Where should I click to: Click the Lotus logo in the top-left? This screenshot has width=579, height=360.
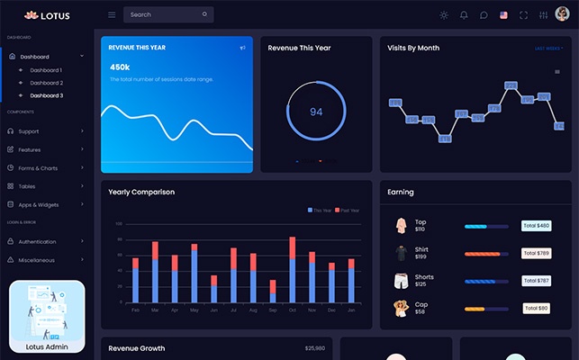pyautogui.click(x=47, y=15)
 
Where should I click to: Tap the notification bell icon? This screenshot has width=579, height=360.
pyautogui.click(x=464, y=14)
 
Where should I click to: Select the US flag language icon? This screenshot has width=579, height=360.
pyautogui.click(x=503, y=14)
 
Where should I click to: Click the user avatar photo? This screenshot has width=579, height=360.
pyautogui.click(x=562, y=14)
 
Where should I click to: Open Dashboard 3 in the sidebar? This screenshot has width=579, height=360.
pyautogui.click(x=46, y=95)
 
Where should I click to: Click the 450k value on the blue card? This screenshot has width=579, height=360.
pyautogui.click(x=120, y=67)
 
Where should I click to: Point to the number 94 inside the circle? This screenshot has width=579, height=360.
pyautogui.click(x=316, y=112)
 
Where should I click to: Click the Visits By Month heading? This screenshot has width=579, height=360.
pyautogui.click(x=413, y=48)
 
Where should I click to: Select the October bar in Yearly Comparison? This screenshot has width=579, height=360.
pyautogui.click(x=293, y=270)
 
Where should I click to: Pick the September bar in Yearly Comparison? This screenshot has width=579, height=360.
pyautogui.click(x=273, y=291)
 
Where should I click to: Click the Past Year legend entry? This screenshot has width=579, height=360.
pyautogui.click(x=347, y=210)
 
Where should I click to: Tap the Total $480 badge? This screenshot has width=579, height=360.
pyautogui.click(x=536, y=226)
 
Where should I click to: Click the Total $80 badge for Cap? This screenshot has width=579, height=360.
pyautogui.click(x=536, y=309)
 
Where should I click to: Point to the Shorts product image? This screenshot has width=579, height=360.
pyautogui.click(x=401, y=281)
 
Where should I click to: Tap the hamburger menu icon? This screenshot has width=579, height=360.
pyautogui.click(x=112, y=14)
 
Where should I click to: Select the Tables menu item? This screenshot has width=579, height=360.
pyautogui.click(x=28, y=186)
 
